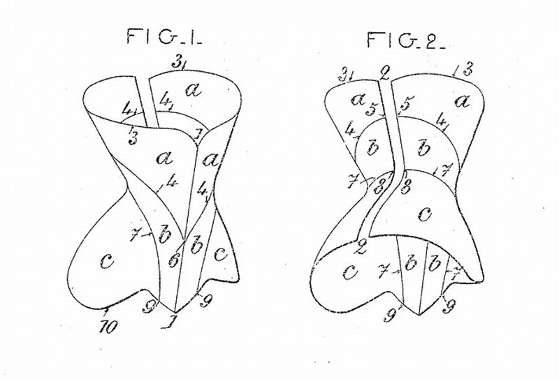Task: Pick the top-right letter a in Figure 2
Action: (461, 102)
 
